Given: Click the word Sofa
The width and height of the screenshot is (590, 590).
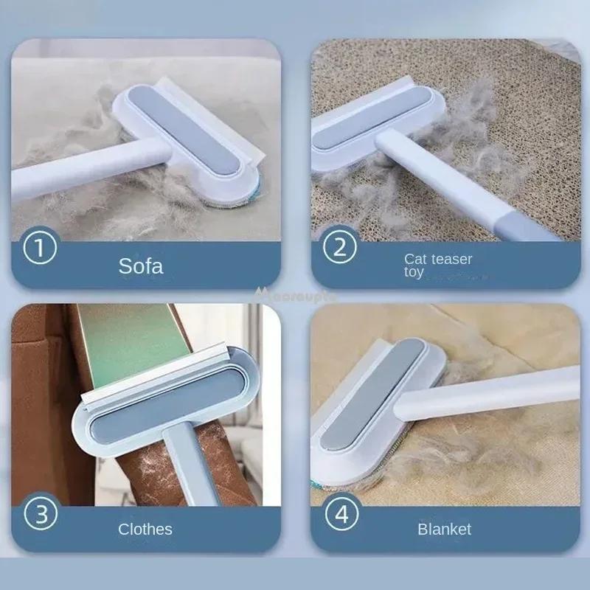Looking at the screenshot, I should pyautogui.click(x=140, y=265).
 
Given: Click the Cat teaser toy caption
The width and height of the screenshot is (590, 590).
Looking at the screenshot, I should pyautogui.click(x=438, y=265).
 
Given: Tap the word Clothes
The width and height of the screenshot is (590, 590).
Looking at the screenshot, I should pyautogui.click(x=145, y=529).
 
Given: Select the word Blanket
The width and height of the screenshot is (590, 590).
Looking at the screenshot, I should pyautogui.click(x=444, y=529).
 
